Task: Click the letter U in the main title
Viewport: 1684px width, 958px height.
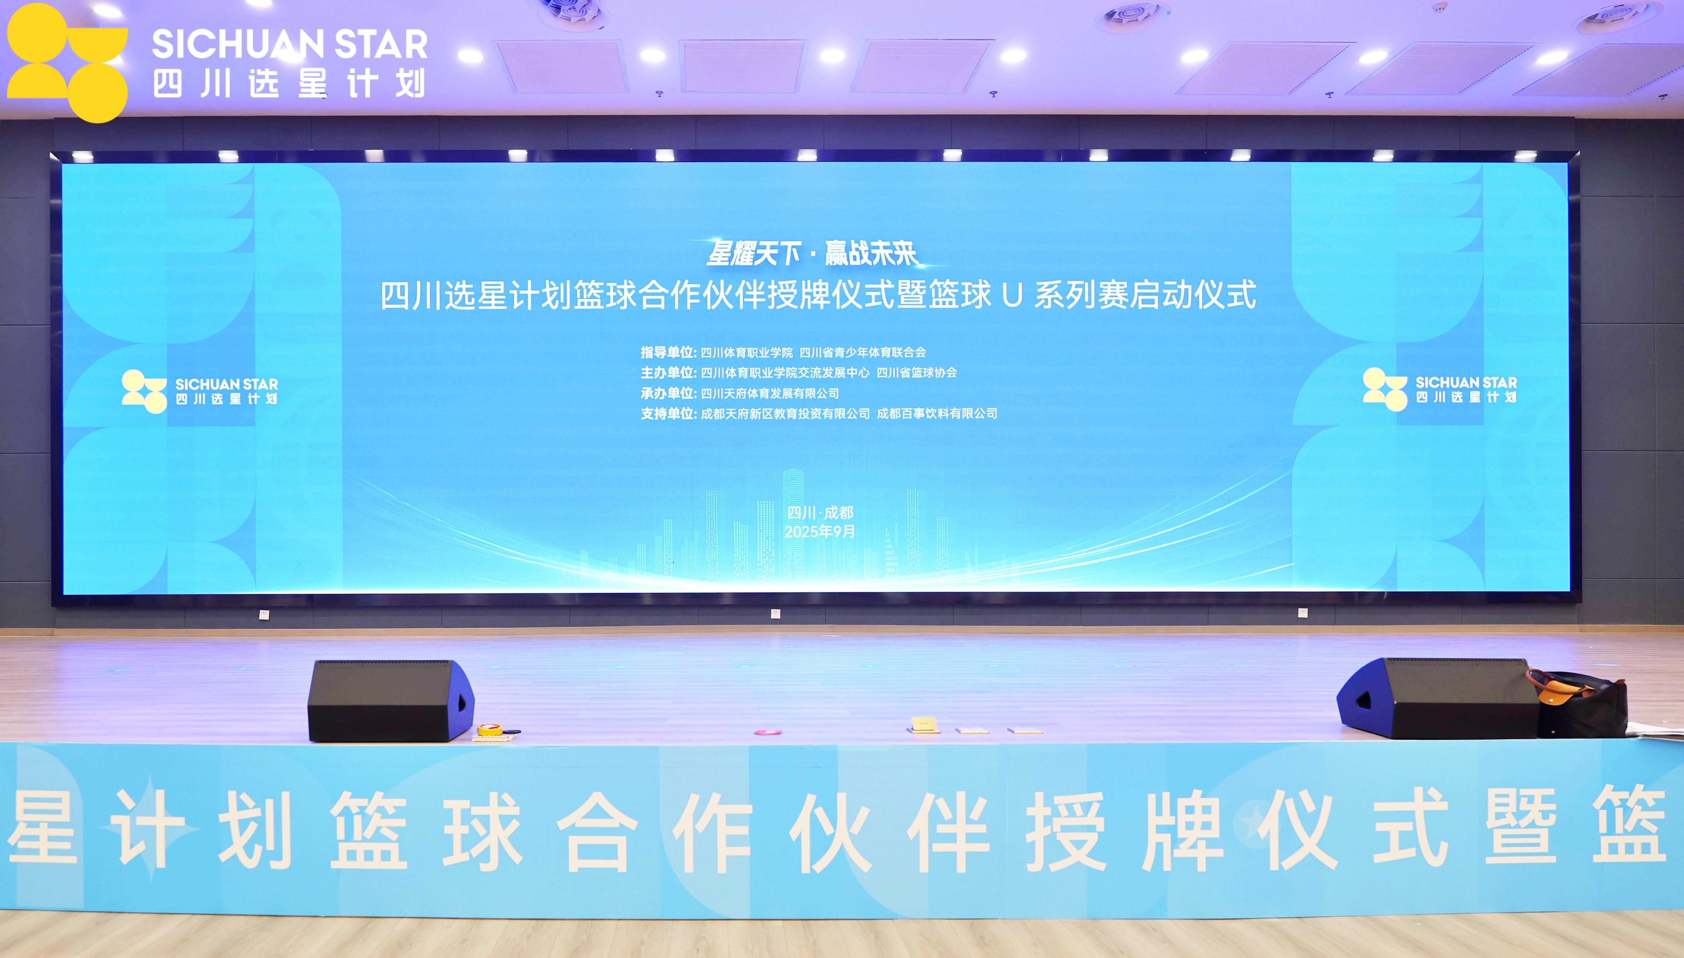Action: tap(1012, 295)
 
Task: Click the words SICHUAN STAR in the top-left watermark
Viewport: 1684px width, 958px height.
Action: tap(289, 45)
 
